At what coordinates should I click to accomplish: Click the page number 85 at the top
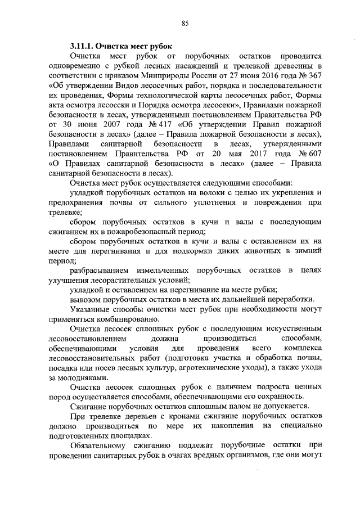pyautogui.click(x=185, y=23)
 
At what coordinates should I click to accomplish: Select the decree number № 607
pyautogui.click(x=310, y=153)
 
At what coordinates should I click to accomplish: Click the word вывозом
pyautogui.click(x=85, y=299)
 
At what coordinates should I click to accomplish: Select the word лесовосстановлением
pyautogui.click(x=87, y=339)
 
